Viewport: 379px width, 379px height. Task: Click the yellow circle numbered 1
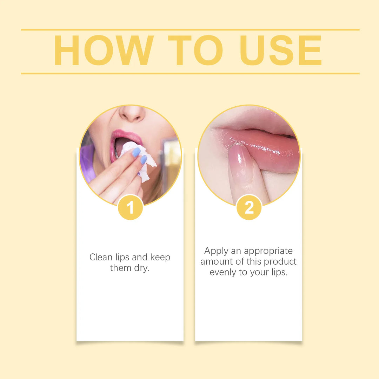pos(130,207)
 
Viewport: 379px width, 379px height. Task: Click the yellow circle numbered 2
pos(249,207)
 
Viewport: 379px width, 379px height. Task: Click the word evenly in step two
pos(223,273)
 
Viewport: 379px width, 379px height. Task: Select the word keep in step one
pos(160,257)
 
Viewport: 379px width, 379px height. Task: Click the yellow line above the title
pos(190,30)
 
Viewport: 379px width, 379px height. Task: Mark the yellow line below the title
pos(190,73)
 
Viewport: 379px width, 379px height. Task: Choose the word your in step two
pos(260,273)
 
